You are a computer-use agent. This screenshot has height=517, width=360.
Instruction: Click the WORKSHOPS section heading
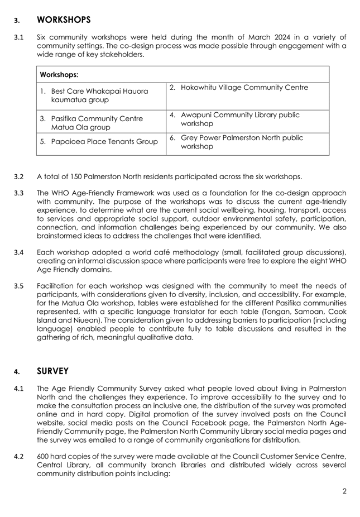point(63,20)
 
